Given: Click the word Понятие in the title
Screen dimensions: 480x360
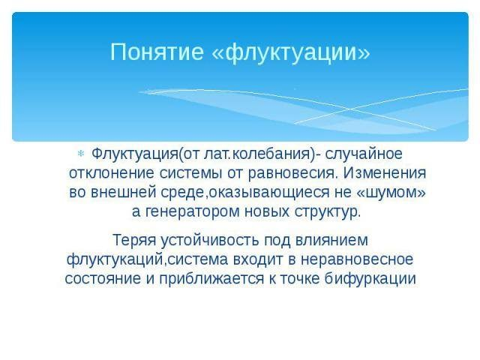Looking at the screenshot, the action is click(157, 52).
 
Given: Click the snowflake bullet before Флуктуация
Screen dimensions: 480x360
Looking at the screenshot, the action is click(81, 154).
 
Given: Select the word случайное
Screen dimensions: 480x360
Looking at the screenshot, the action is click(364, 154).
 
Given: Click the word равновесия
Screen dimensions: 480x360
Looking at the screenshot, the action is click(293, 173).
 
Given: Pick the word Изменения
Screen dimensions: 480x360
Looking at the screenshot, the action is click(385, 173).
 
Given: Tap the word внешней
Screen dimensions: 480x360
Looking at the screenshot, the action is click(124, 192).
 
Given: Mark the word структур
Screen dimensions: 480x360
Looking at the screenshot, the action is click(328, 211).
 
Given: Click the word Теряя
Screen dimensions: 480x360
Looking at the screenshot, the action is click(134, 240).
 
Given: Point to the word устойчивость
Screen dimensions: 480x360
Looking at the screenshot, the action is click(210, 240).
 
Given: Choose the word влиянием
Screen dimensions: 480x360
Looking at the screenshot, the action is click(331, 240).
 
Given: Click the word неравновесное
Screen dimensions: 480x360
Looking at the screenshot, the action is click(357, 259).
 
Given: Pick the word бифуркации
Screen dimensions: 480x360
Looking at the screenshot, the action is click(370, 279).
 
